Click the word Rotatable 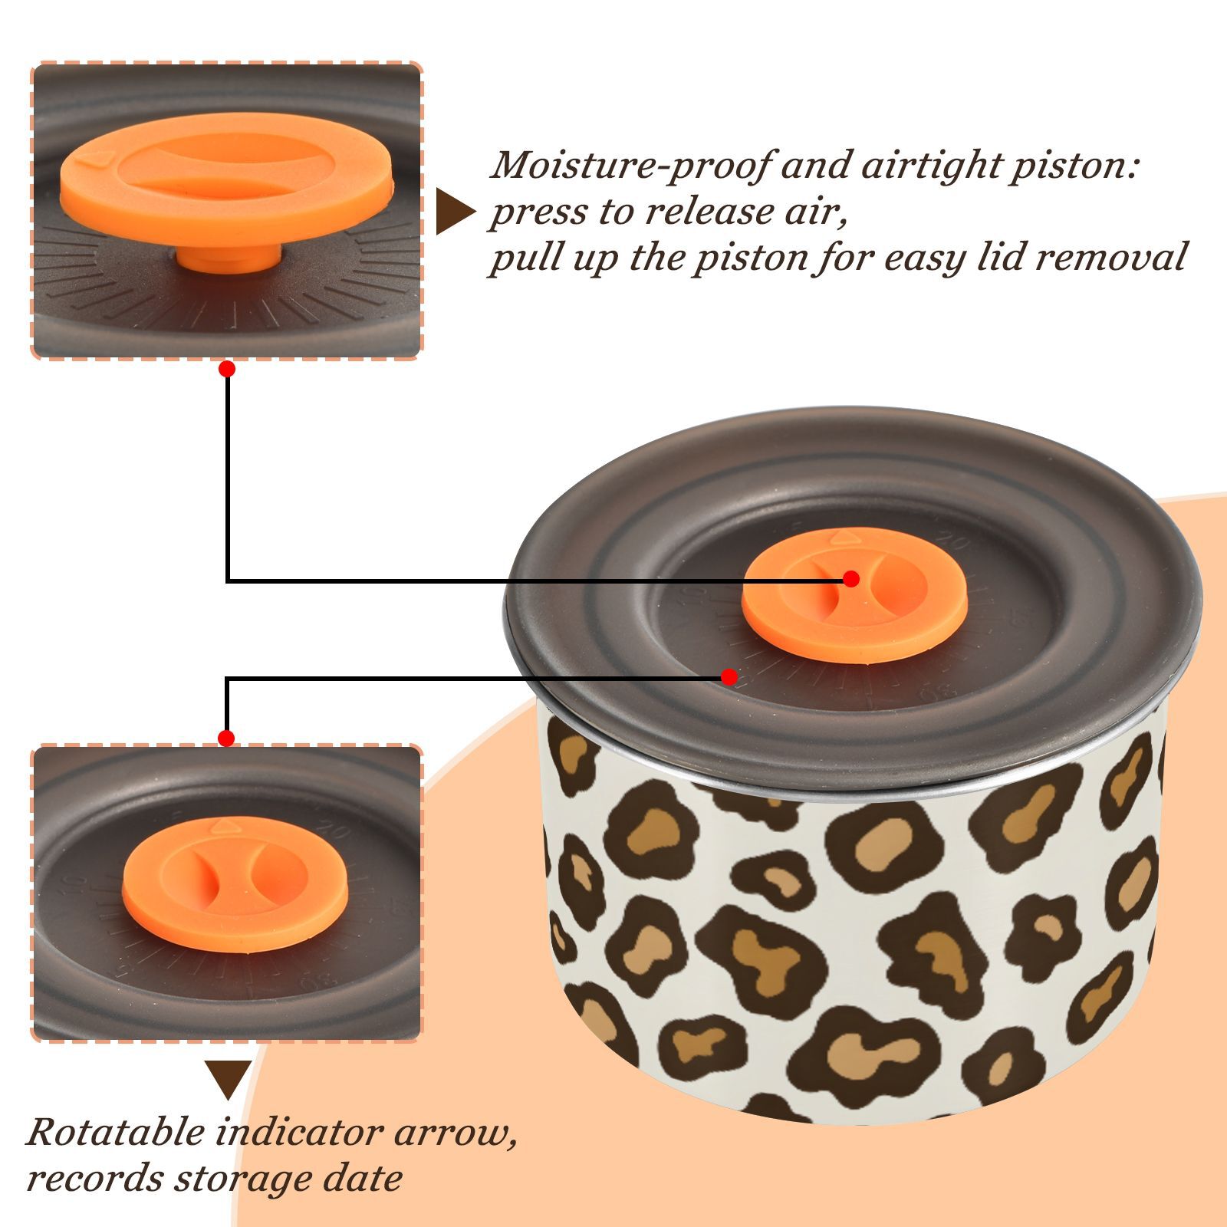116,1133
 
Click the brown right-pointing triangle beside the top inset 456,212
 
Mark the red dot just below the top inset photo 226,369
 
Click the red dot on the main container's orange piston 850,579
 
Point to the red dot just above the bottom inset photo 226,739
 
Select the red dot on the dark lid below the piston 729,677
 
